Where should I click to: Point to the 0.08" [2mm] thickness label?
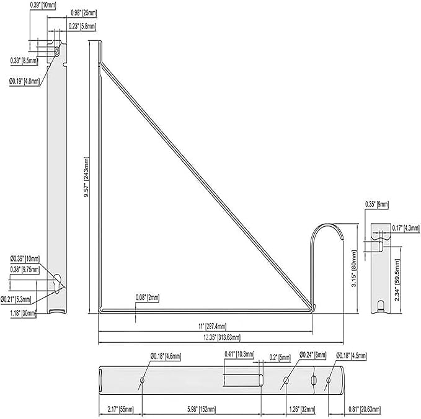click(148, 298)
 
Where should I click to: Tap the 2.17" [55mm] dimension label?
click(120, 408)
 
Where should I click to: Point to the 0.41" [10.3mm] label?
click(241, 354)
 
